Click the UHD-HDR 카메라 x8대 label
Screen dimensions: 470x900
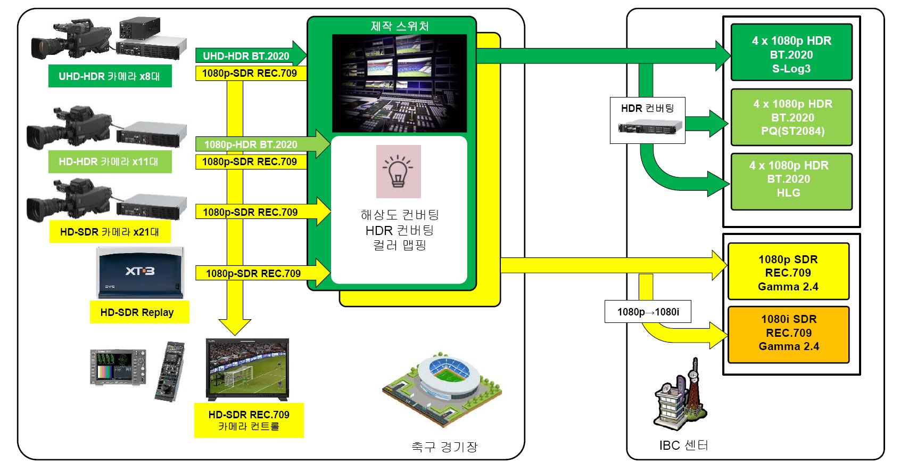(110, 76)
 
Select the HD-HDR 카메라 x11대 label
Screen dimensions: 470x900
(110, 161)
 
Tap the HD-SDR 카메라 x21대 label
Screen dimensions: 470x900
(110, 232)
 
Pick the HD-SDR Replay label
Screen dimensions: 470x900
(137, 312)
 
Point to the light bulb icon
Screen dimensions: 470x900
(398, 172)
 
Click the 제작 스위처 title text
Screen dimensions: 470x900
(400, 26)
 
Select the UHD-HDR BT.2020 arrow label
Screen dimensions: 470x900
(246, 56)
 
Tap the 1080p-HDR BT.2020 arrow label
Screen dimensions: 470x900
(251, 144)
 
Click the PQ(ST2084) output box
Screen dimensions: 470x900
(792, 117)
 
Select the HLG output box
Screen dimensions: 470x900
(791, 182)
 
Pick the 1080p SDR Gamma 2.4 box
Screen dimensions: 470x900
(788, 272)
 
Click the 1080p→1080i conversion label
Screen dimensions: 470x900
(648, 312)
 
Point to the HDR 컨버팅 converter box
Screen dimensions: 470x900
(647, 120)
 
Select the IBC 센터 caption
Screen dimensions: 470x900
(683, 445)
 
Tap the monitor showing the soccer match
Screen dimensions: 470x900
(247, 369)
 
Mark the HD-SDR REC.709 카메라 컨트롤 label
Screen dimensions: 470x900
(249, 420)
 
